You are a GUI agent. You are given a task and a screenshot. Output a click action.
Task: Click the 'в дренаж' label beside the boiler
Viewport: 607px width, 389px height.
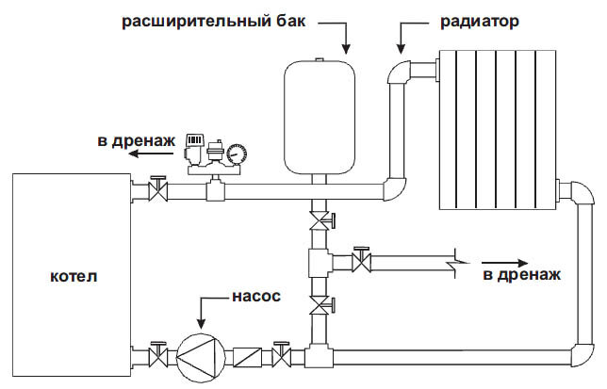(136, 141)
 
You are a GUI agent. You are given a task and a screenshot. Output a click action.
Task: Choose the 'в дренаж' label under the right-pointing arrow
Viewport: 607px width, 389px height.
(521, 275)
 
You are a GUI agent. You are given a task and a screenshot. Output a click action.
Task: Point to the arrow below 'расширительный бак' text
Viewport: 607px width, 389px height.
(347, 38)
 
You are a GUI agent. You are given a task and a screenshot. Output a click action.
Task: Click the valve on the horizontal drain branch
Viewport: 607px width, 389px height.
(359, 258)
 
